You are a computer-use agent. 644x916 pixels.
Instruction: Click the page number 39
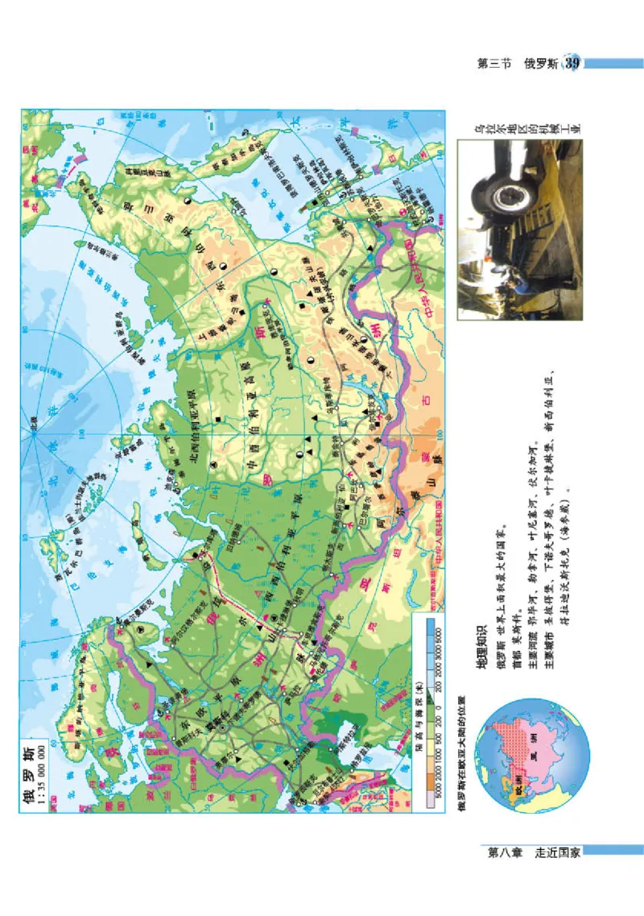[x=572, y=63]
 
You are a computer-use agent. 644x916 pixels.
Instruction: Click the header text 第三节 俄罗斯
[x=521, y=64]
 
